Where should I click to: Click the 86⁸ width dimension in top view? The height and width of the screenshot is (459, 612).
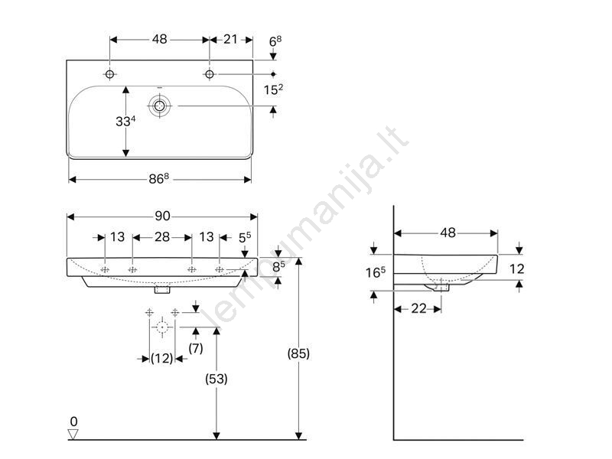click(x=159, y=179)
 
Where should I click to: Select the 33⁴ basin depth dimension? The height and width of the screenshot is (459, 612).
click(x=125, y=122)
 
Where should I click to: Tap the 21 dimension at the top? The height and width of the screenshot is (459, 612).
click(x=230, y=40)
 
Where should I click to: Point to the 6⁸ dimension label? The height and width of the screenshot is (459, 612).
click(x=275, y=41)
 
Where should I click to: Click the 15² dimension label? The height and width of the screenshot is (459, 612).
click(x=273, y=90)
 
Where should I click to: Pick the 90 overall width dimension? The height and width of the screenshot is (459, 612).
click(x=162, y=216)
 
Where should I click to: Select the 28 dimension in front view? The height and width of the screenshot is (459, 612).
click(x=162, y=237)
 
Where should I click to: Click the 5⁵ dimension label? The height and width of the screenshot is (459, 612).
click(x=245, y=237)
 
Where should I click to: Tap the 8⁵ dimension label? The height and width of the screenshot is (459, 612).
click(x=278, y=266)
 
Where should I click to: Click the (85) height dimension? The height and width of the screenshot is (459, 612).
click(x=298, y=353)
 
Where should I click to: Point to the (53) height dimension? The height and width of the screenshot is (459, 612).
click(x=216, y=379)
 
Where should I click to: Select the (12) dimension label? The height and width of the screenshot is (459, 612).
click(x=161, y=358)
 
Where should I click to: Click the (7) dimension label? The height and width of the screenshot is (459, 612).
click(x=196, y=348)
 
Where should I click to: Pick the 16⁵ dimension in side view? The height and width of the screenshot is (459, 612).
click(x=375, y=272)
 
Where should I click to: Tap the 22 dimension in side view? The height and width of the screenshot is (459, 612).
click(x=418, y=309)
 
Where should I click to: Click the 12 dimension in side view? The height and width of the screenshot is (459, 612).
click(x=517, y=269)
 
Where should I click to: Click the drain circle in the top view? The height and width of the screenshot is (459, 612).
click(x=159, y=106)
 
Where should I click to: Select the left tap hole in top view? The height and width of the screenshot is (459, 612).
click(x=109, y=73)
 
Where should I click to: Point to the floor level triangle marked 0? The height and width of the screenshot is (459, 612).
click(x=73, y=434)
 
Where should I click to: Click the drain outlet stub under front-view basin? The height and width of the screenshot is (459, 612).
click(x=162, y=290)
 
